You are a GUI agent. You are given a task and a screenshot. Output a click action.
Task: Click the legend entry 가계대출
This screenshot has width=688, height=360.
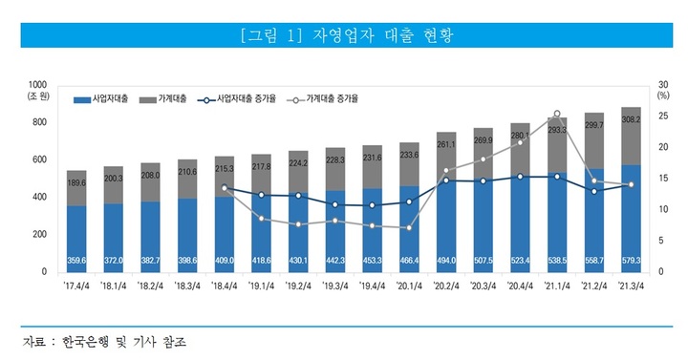click(163, 98)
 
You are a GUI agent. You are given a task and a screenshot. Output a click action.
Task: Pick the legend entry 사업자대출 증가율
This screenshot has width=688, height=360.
click(240, 98)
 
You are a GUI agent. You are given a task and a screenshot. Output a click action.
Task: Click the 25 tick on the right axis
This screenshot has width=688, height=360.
click(661, 116)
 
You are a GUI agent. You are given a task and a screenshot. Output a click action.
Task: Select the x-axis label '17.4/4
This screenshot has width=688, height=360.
click(77, 285)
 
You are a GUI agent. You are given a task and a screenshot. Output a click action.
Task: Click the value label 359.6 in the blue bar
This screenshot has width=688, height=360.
click(77, 260)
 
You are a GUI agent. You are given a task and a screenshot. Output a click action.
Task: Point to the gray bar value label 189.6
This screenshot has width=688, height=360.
click(77, 183)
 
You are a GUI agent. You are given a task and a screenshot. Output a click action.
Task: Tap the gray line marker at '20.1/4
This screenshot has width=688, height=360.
click(410, 228)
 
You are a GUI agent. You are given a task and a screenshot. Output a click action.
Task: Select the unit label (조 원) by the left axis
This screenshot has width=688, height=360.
click(41, 96)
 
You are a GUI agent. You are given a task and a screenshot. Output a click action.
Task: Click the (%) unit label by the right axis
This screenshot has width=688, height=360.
click(662, 95)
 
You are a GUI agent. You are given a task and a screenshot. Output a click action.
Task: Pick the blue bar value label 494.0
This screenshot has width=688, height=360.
click(446, 260)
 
